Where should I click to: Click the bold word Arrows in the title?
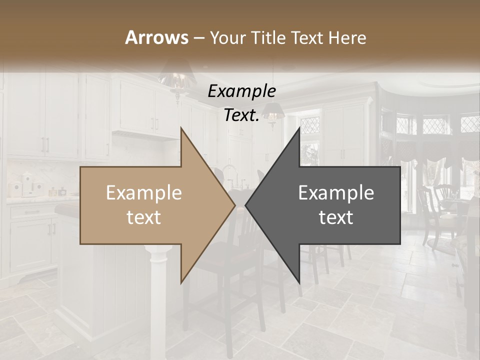click(x=156, y=37)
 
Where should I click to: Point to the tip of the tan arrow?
click(x=233, y=205)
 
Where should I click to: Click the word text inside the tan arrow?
click(x=143, y=217)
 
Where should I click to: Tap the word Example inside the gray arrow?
click(x=336, y=192)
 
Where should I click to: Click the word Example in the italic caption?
click(x=241, y=91)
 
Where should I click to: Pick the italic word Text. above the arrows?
click(x=241, y=115)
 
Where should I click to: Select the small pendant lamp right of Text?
click(x=271, y=112)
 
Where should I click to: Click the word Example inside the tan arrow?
click(x=143, y=192)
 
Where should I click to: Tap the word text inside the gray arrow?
click(x=336, y=217)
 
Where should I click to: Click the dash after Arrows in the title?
click(x=199, y=37)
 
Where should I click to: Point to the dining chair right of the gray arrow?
click(x=435, y=210)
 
